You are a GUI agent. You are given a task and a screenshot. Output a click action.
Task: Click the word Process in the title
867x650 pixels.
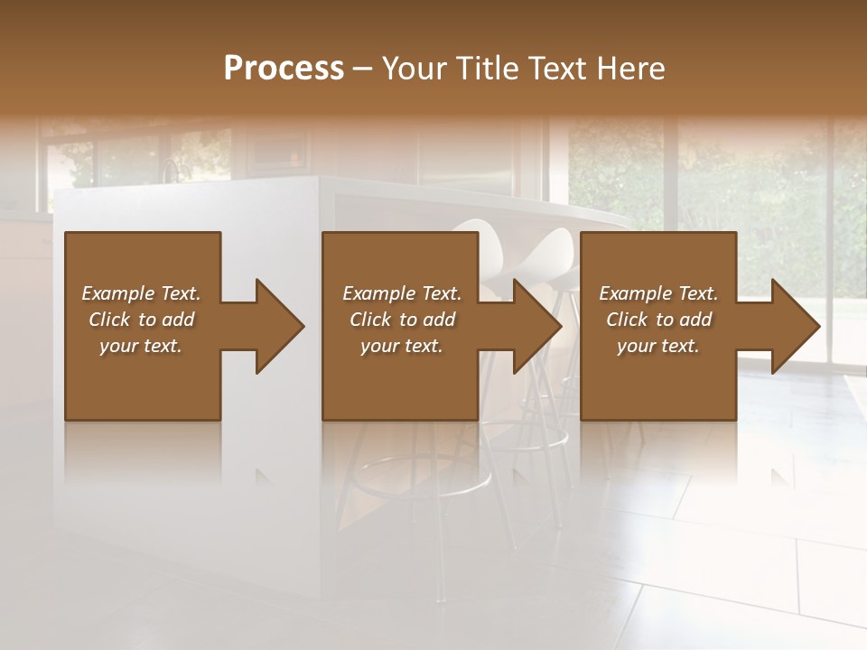point(284,69)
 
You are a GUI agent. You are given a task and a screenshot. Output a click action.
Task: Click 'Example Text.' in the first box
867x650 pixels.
point(141,293)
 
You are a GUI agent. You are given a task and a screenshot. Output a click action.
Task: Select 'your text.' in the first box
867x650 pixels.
point(141,346)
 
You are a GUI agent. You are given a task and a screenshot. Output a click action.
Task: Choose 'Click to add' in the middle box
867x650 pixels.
point(402,320)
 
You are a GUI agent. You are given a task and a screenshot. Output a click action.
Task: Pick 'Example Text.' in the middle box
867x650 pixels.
point(402,293)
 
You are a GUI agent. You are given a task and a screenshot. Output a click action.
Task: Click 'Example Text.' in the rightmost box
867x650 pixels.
point(658,293)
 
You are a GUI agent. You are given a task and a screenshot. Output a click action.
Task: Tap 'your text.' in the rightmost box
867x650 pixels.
point(658,346)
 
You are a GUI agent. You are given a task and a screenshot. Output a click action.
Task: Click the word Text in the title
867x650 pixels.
point(558,69)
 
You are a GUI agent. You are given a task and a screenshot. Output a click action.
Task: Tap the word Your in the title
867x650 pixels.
point(412,69)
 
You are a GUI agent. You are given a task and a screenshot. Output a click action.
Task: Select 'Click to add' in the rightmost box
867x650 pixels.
point(658,320)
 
